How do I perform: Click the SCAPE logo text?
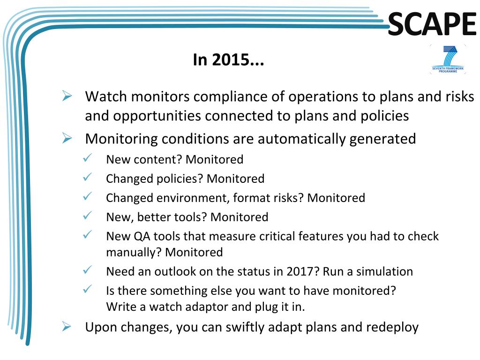[x=432, y=23]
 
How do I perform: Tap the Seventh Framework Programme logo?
[x=448, y=59]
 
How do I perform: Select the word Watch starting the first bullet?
[x=106, y=97]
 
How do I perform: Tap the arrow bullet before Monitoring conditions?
[x=67, y=138]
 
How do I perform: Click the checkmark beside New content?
[x=88, y=157]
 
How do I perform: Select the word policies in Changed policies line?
[x=180, y=179]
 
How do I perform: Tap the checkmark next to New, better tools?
[x=88, y=215]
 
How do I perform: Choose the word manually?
[x=134, y=253]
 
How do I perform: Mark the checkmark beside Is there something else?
[x=88, y=289]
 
